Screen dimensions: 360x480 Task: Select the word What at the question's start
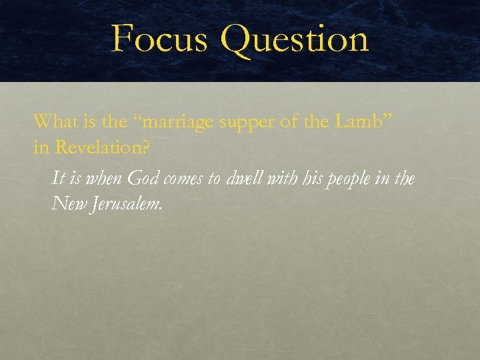tap(54, 121)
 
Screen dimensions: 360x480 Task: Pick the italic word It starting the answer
tap(58, 178)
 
